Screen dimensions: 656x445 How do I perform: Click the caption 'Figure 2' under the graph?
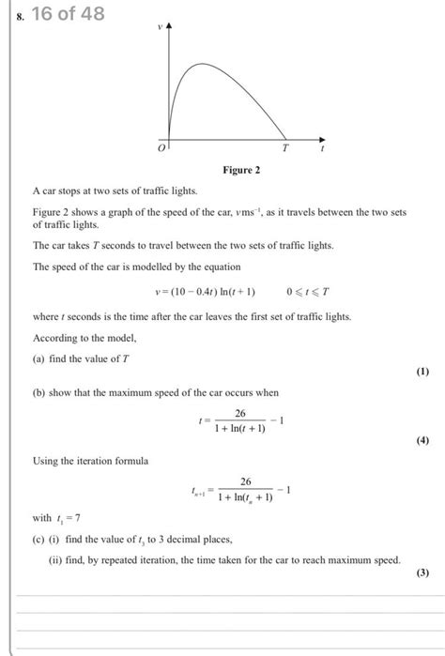pos(240,170)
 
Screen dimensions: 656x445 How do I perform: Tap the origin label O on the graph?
pos(161,148)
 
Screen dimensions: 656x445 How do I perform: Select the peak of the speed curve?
pos(200,65)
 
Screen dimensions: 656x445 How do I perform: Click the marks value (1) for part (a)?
pos(422,373)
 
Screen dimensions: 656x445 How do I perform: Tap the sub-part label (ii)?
pos(55,560)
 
